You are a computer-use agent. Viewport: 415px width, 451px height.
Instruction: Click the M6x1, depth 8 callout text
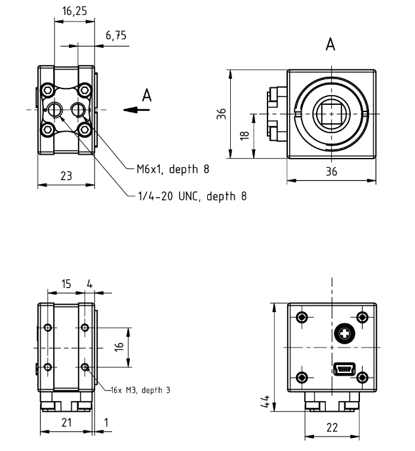pos(173,169)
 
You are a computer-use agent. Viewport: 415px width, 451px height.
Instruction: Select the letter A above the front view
pos(331,45)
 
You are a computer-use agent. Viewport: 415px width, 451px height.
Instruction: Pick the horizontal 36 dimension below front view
pos(331,172)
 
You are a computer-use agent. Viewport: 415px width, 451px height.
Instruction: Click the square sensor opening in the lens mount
pos(331,114)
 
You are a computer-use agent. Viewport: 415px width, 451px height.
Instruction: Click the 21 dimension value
pos(66,423)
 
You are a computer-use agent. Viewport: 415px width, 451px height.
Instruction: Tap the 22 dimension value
pos(331,427)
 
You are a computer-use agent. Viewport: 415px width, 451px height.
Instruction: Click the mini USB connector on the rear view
pos(344,369)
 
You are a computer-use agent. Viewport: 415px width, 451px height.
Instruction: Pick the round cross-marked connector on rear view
pos(344,334)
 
